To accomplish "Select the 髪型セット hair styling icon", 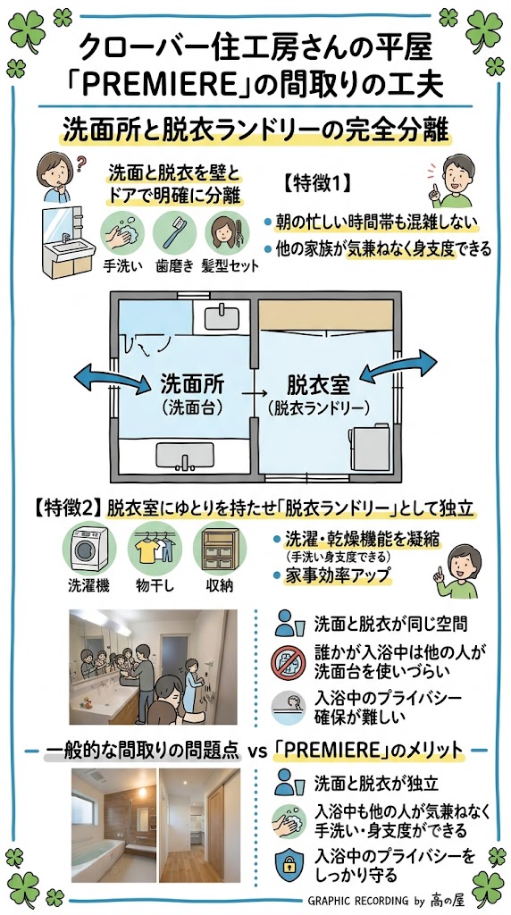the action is [x=226, y=232].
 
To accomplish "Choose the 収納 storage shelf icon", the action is [x=220, y=549].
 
